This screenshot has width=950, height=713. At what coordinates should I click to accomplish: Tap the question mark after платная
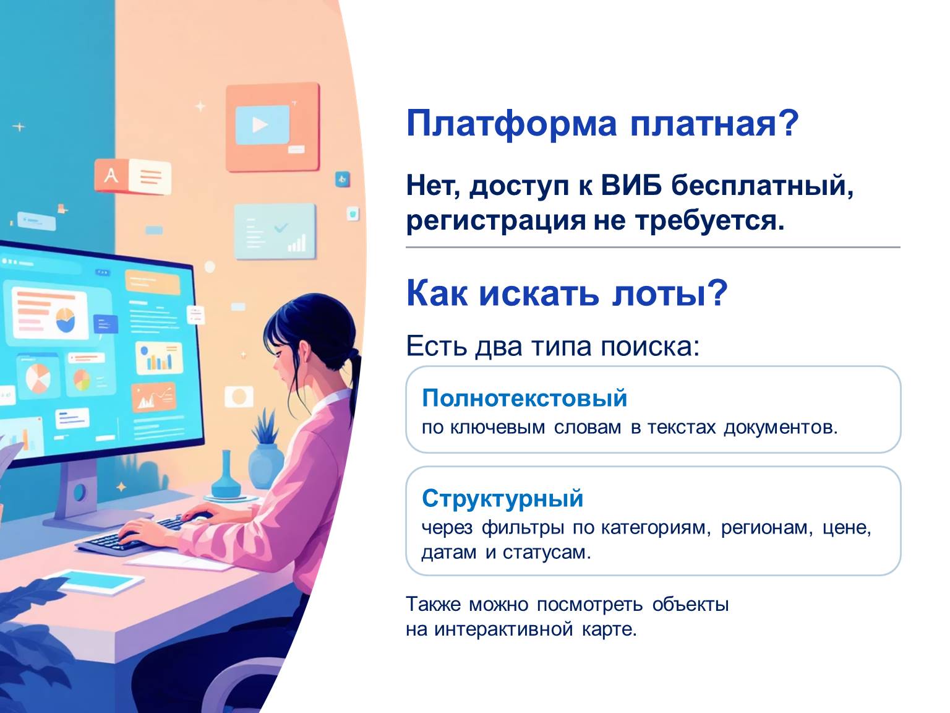pos(788,122)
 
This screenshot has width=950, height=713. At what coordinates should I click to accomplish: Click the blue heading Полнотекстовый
pos(524,398)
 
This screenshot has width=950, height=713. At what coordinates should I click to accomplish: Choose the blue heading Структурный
pos(502,498)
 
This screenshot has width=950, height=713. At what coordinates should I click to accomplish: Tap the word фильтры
pos(523,528)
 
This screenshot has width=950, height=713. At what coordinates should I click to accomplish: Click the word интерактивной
pos(503,629)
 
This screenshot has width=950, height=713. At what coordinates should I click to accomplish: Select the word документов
pos(780,427)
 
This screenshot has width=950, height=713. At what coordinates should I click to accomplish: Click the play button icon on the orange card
pos(260,125)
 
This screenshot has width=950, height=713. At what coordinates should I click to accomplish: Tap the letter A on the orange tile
pos(111,176)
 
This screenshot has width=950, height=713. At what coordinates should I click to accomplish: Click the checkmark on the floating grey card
pos(281,227)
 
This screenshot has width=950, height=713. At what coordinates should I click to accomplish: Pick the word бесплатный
pos(763,185)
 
